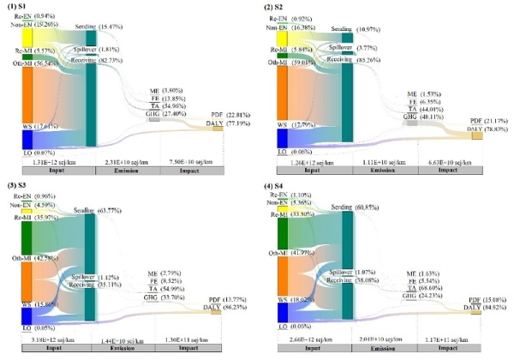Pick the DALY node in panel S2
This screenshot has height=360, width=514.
coord(476,130)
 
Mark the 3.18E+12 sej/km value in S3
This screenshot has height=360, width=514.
coord(42,341)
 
